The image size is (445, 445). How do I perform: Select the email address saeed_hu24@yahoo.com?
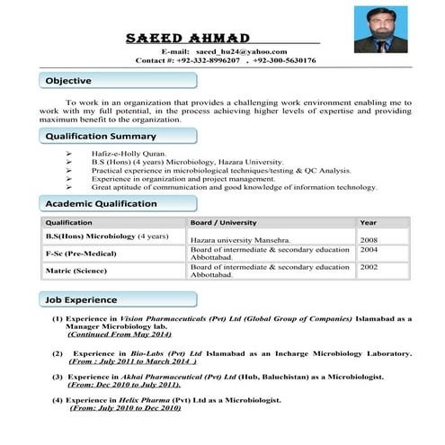(x=236, y=52)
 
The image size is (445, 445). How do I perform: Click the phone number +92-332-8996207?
(x=208, y=60)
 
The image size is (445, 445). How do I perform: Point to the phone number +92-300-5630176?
(x=285, y=60)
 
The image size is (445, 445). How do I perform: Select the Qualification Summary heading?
(x=101, y=137)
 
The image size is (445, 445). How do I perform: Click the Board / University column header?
(x=224, y=222)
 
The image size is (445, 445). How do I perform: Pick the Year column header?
(x=369, y=222)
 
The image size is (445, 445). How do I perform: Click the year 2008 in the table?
(x=369, y=241)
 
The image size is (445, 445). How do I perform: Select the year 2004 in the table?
(x=369, y=250)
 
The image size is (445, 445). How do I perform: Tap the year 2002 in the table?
(x=369, y=267)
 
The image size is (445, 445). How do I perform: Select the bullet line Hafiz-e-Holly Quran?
(x=129, y=154)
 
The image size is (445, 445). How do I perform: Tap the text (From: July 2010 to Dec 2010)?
(x=125, y=408)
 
